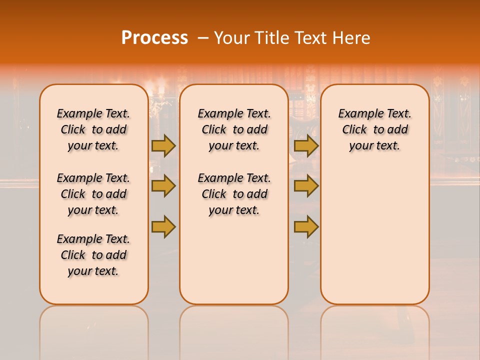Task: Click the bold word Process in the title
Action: point(154,38)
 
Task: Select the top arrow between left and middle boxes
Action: point(163,146)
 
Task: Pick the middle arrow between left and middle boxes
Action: point(163,186)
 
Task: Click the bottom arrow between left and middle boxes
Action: point(163,227)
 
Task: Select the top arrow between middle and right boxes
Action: point(306,146)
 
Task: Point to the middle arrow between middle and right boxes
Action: point(306,186)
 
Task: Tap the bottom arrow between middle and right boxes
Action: point(306,227)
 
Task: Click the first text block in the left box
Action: point(93,129)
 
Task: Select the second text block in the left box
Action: point(93,194)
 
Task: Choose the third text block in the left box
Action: point(93,255)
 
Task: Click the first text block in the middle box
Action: point(234,129)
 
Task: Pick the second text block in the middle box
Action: point(234,194)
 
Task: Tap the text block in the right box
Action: point(375,129)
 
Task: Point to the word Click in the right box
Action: point(354,130)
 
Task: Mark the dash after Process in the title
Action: point(203,38)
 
